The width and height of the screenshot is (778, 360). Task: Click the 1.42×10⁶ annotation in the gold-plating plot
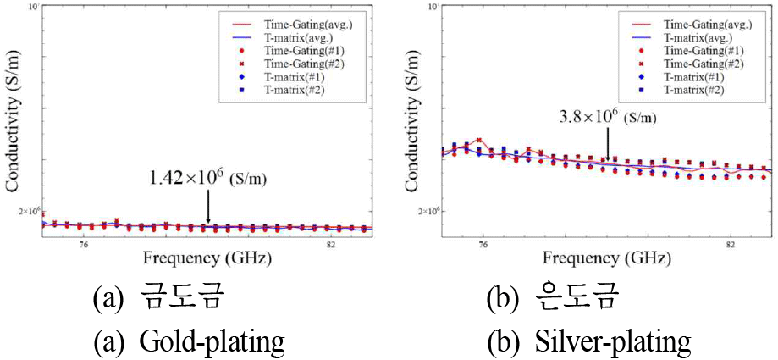coord(207,179)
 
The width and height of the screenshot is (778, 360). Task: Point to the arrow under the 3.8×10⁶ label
coord(606,147)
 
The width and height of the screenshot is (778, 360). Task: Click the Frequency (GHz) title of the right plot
coord(606,258)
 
